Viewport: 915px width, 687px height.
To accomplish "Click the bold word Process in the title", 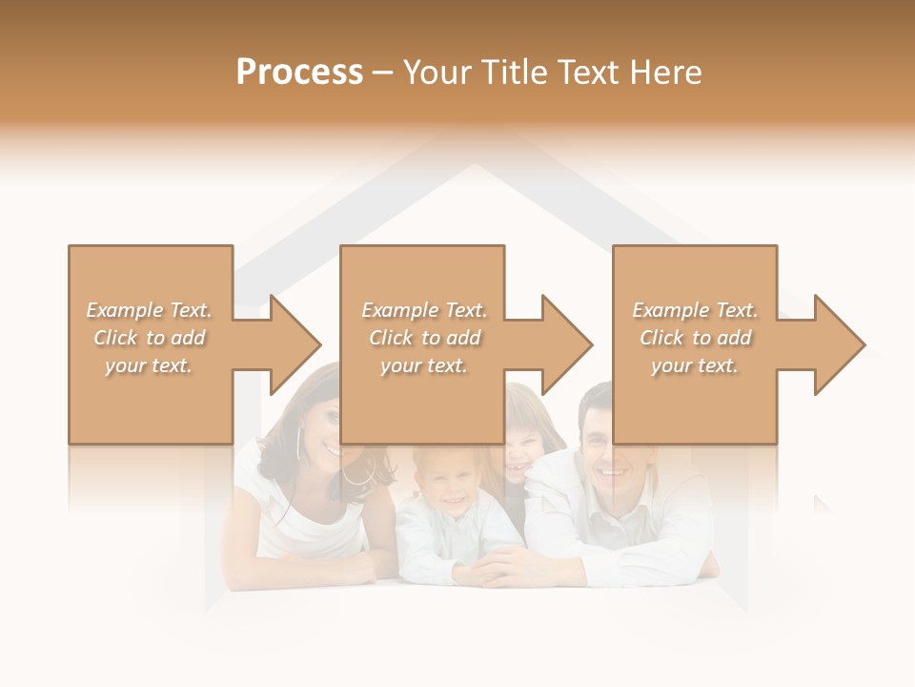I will pos(299,72).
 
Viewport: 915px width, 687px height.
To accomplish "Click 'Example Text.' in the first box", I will pos(150,310).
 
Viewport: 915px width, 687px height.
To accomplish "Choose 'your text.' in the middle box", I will pos(424,365).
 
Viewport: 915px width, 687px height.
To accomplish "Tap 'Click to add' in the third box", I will pos(696,338).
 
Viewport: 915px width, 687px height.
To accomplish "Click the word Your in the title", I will pos(435,72).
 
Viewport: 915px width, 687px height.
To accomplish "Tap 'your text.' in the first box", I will pos(149,365).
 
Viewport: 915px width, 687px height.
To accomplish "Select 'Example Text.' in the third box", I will pos(695,310).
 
